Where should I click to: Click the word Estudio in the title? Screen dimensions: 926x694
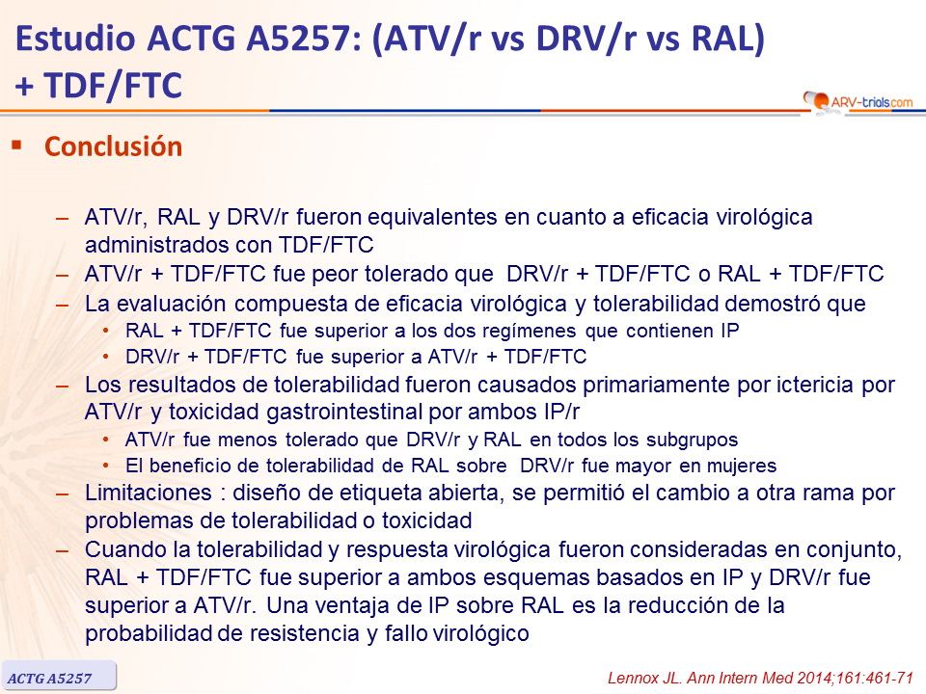click(x=75, y=39)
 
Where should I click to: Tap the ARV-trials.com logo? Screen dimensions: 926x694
click(x=858, y=101)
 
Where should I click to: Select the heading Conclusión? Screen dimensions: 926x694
click(x=114, y=147)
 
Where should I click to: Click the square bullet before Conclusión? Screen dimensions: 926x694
click(x=16, y=145)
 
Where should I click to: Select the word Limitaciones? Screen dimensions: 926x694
click(x=149, y=494)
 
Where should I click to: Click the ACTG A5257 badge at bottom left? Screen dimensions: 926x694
click(x=58, y=676)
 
